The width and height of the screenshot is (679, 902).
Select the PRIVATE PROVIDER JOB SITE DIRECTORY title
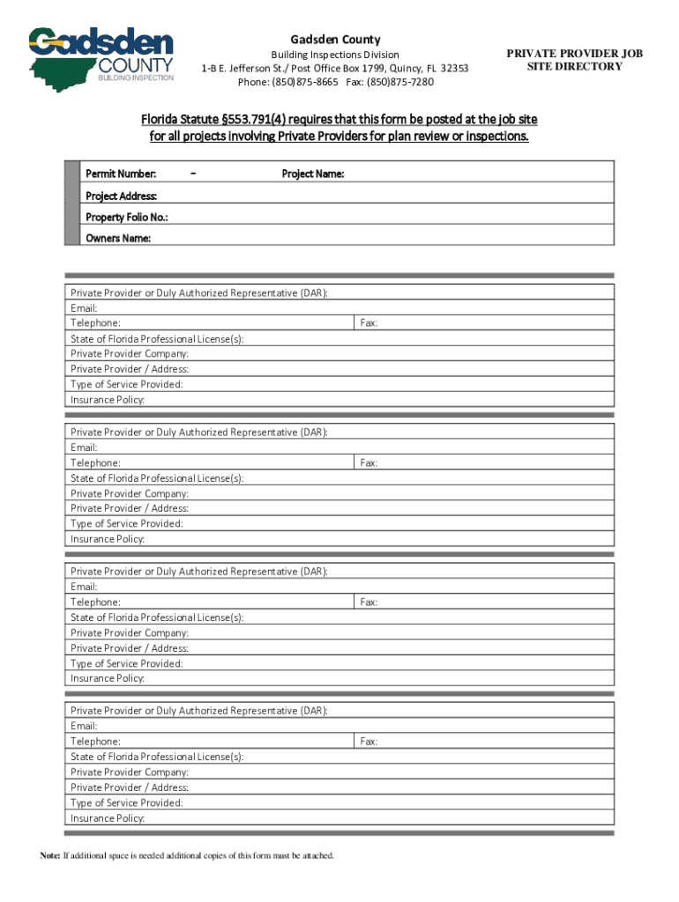click(574, 60)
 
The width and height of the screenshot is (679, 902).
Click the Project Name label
click(312, 174)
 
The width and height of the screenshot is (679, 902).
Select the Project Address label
click(121, 196)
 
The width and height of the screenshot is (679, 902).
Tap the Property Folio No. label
click(126, 217)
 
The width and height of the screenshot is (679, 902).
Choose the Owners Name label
click(117, 238)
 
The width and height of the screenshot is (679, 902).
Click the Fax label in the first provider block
click(369, 323)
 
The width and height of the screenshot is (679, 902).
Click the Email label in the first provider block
click(84, 308)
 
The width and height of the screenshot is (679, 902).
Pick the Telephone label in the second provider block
click(95, 462)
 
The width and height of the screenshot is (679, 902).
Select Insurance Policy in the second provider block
click(108, 539)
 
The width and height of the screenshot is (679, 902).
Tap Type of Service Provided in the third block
click(127, 663)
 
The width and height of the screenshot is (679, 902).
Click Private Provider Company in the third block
click(130, 632)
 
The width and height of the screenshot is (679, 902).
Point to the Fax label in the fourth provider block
click(369, 742)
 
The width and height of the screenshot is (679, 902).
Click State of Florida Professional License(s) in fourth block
click(157, 757)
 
